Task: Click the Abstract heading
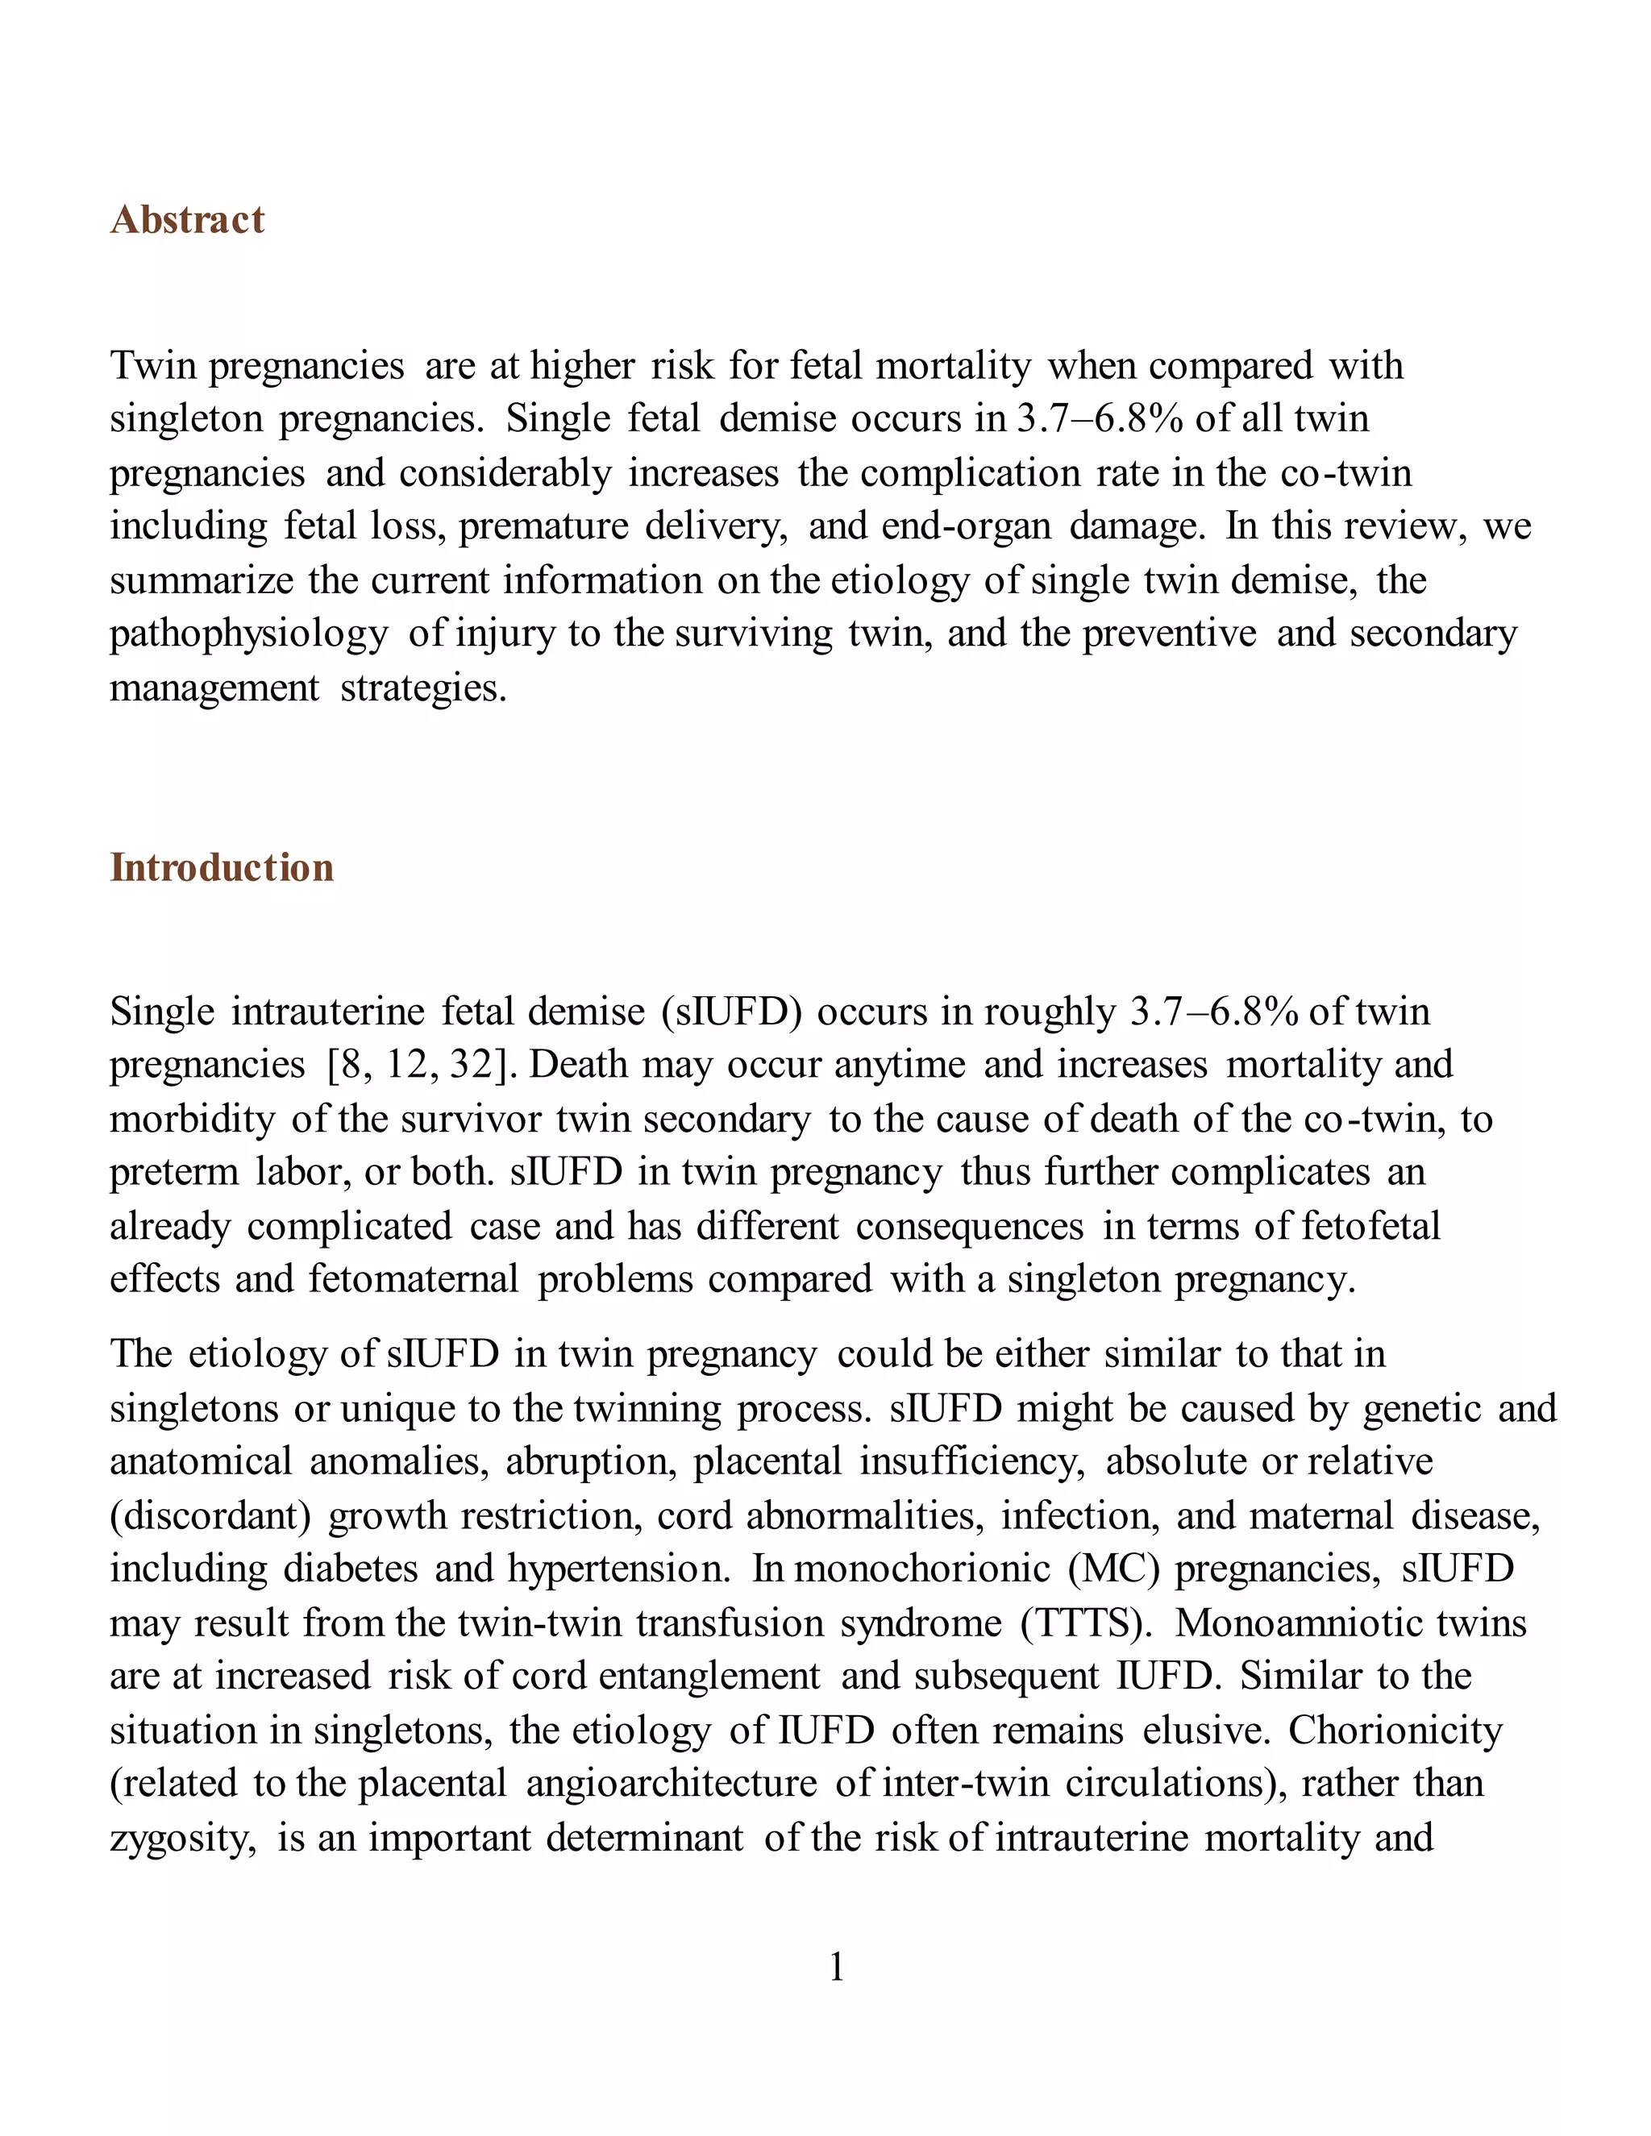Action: click(x=187, y=220)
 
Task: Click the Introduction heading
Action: click(x=221, y=868)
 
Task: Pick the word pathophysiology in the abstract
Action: click(x=248, y=634)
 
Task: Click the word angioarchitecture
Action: click(x=671, y=1785)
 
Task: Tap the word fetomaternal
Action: click(x=413, y=1280)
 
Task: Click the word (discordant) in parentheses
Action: click(x=210, y=1516)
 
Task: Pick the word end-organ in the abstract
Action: click(x=965, y=527)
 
